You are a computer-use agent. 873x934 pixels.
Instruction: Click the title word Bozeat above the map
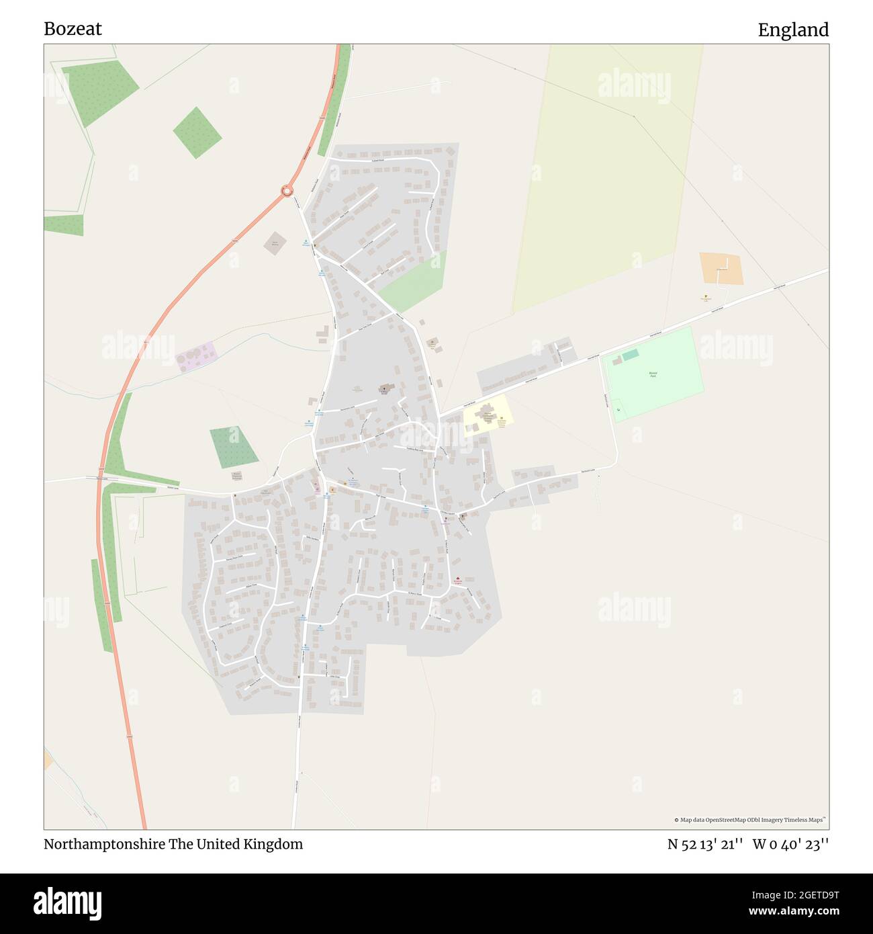[x=73, y=29]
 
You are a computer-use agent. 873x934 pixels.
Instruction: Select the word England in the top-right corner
[x=793, y=30]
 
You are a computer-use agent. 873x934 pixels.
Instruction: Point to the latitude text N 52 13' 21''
[x=704, y=845]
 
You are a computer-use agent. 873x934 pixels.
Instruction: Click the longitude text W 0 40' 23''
[x=790, y=845]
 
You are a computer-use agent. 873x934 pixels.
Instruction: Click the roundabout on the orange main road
[x=287, y=191]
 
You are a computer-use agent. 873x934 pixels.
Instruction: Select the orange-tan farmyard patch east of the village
[x=721, y=269]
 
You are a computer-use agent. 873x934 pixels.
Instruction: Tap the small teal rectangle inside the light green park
[x=630, y=355]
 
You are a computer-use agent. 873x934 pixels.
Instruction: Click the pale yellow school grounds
[x=488, y=415]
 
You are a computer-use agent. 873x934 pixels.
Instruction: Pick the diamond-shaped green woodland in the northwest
[x=197, y=132]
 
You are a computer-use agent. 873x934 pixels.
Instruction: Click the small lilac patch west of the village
[x=196, y=355]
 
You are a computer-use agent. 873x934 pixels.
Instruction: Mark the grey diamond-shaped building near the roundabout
[x=274, y=243]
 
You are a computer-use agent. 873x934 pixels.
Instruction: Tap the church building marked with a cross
[x=385, y=389]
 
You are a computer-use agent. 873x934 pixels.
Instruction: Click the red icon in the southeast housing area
[x=458, y=580]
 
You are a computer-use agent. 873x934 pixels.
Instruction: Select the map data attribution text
[x=749, y=820]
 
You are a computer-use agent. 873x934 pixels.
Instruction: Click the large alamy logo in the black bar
[x=68, y=902]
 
